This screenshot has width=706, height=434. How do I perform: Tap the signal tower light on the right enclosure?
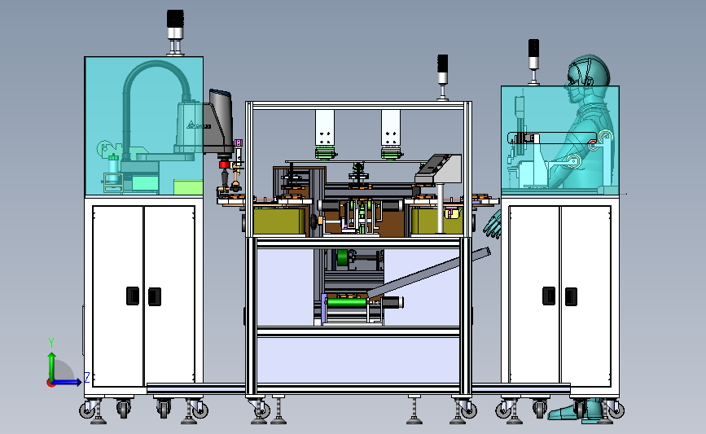pos(533,56)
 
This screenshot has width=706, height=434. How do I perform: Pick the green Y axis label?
pos(50,342)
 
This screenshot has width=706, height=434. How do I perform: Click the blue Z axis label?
pos(86,378)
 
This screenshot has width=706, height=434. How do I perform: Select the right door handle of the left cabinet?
pos(154,296)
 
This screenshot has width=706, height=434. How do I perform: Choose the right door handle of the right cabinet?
pos(572,296)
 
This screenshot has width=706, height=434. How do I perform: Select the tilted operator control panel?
pos(438,166)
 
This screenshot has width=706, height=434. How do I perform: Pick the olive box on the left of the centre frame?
pos(279,221)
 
